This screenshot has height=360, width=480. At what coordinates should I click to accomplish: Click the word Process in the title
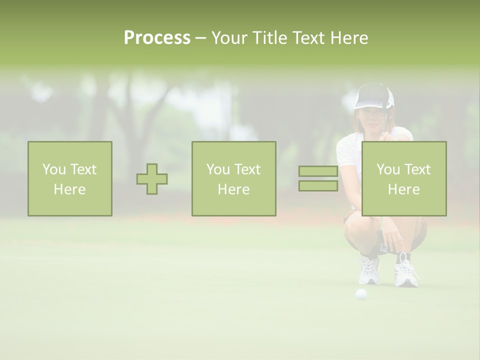pyautogui.click(x=157, y=38)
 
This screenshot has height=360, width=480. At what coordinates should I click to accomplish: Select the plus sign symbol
pyautogui.click(x=152, y=179)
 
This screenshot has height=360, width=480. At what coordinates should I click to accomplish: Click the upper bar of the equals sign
pyautogui.click(x=318, y=171)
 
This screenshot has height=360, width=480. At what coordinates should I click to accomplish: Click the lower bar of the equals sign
pyautogui.click(x=318, y=186)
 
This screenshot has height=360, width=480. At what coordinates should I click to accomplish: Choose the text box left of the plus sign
pyautogui.click(x=70, y=179)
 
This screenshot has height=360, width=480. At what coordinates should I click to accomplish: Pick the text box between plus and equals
pyautogui.click(x=233, y=179)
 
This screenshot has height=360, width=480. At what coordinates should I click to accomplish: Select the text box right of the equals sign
pyautogui.click(x=403, y=179)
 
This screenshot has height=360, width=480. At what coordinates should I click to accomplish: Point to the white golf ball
pyautogui.click(x=361, y=294)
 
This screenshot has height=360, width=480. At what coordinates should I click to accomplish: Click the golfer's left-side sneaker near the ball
pyautogui.click(x=369, y=271)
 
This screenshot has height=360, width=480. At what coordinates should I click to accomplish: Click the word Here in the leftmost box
pyautogui.click(x=69, y=189)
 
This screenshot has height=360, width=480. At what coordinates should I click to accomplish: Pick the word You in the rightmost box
pyautogui.click(x=388, y=169)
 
